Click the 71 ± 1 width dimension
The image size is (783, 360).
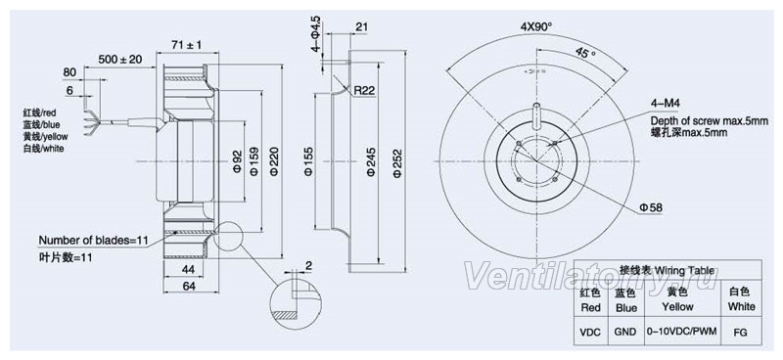(x=186, y=45)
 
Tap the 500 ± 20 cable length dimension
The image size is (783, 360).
(x=119, y=60)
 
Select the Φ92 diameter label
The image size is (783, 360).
(x=238, y=161)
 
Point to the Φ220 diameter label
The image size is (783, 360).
(x=274, y=161)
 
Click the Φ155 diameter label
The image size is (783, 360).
(x=307, y=161)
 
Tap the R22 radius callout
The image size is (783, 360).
(x=364, y=90)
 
